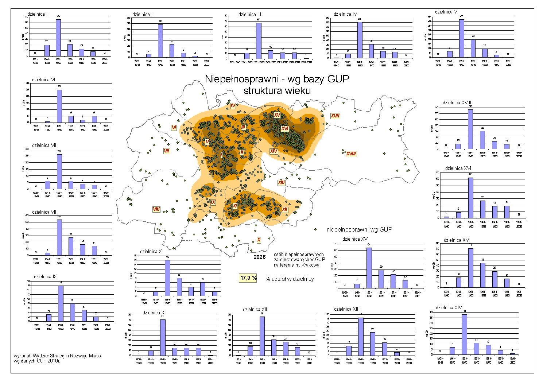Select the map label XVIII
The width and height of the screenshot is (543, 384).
tap(351, 154)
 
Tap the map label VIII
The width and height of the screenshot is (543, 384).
tap(156, 209)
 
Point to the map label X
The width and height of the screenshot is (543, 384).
tap(259, 240)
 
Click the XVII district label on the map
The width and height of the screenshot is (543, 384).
tap(335, 116)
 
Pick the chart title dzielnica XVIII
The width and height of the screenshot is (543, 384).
tap(457, 103)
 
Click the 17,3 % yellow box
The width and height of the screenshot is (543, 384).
tap(248, 278)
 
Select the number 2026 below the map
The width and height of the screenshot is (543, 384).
tap(260, 257)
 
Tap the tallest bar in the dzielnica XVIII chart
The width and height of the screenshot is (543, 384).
tap(470, 129)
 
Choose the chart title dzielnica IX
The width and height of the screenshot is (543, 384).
tap(45, 277)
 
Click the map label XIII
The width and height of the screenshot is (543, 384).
tap(281, 183)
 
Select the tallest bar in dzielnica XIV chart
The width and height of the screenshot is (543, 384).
tap(464, 334)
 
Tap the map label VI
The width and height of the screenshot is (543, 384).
tap(174, 128)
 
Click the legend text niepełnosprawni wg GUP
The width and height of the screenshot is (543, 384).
tap(359, 229)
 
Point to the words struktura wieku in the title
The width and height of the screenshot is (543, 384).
tap(277, 91)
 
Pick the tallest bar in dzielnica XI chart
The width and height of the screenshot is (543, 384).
tap(163, 337)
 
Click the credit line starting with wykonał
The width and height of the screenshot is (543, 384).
tap(58, 356)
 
